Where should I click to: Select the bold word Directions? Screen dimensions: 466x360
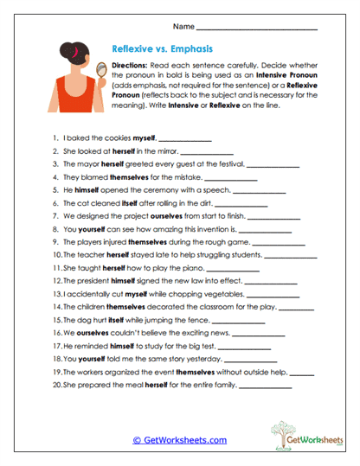coord(134,66)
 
